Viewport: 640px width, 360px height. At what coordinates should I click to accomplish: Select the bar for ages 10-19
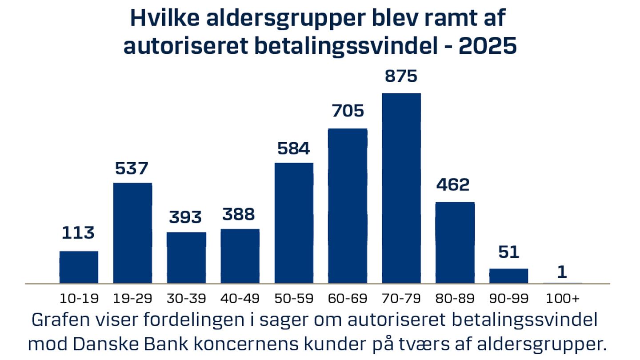point(79,267)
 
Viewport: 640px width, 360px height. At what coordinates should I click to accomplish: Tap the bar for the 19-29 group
point(132,233)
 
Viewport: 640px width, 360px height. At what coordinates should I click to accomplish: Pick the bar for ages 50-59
point(294,223)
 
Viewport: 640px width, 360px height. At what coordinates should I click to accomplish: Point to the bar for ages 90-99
point(508,276)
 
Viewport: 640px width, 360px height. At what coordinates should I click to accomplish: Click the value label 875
point(401,76)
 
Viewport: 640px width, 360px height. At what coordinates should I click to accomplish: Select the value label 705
point(348,111)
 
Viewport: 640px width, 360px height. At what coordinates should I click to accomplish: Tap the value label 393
point(186,217)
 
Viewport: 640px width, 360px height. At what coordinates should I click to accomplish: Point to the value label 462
point(453,185)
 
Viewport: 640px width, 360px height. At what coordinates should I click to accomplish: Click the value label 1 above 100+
point(562,272)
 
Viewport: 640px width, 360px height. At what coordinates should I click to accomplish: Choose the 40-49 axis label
point(240,298)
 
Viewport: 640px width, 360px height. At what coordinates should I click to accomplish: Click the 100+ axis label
point(562,298)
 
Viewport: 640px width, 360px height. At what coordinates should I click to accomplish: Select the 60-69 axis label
point(348,298)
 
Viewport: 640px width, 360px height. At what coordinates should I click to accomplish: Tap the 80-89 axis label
point(455,298)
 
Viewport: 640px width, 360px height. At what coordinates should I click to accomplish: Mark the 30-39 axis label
point(186,298)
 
